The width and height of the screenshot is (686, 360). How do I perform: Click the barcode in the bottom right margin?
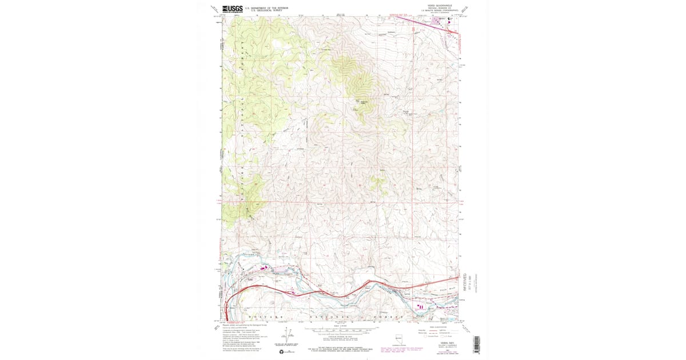[x=476, y=342]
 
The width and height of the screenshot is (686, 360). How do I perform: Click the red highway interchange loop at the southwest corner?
[x=227, y=311]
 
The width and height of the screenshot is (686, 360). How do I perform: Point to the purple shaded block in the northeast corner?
[x=438, y=21]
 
